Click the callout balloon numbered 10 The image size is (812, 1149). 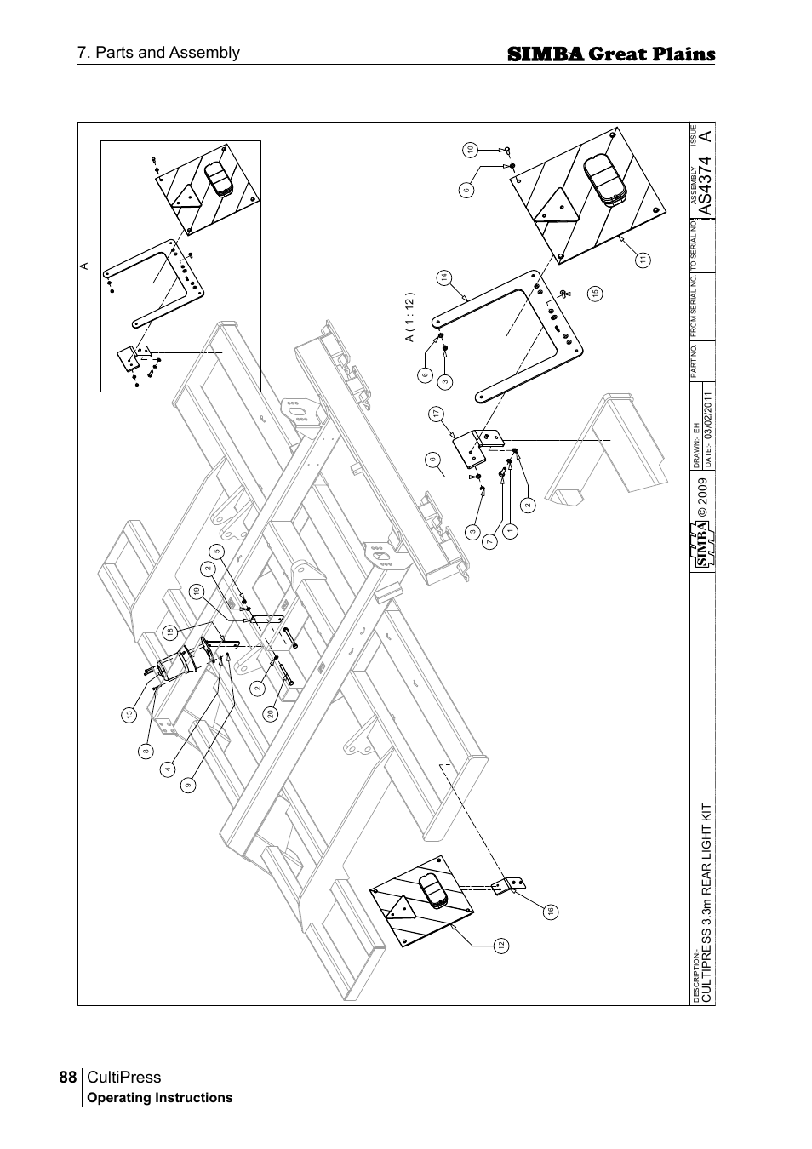tap(469, 150)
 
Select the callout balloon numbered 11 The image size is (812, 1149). tap(643, 260)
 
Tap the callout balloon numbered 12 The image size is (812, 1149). tap(502, 945)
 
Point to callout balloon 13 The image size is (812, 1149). tap(129, 716)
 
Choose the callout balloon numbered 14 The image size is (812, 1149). tap(444, 277)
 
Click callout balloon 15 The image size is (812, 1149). tap(595, 294)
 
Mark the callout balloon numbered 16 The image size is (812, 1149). tap(551, 912)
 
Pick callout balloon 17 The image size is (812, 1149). tap(436, 414)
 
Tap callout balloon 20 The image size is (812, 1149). tap(270, 714)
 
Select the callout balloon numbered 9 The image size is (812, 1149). tap(186, 786)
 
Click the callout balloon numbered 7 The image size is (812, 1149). tap(489, 542)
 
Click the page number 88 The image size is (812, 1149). tap(68, 1077)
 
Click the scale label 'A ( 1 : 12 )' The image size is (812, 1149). tap(409, 318)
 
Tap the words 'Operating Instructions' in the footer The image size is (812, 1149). tap(160, 1098)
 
